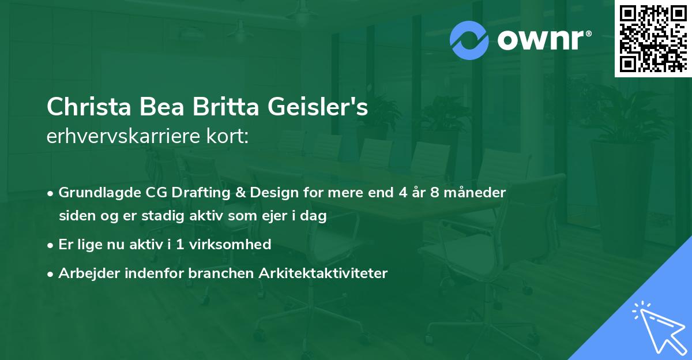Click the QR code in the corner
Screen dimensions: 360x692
[x=653, y=39]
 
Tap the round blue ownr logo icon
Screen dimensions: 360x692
[x=469, y=40]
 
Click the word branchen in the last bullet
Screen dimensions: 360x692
[x=213, y=273]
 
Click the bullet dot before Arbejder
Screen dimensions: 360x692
[x=51, y=274]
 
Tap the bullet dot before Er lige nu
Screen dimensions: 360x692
[x=51, y=245]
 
